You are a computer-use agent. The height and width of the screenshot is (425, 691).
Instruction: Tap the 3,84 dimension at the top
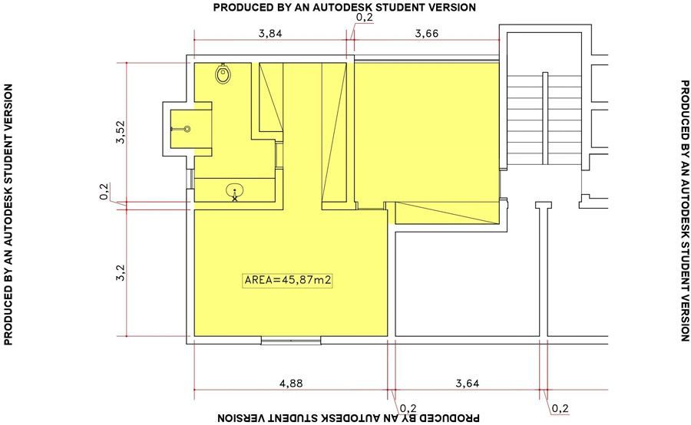click(x=270, y=34)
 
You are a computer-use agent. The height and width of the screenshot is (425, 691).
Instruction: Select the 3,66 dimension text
click(x=427, y=34)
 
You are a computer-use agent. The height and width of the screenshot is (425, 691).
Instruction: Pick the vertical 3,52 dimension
click(x=121, y=132)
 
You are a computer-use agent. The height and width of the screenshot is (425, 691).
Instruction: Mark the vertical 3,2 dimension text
click(x=121, y=272)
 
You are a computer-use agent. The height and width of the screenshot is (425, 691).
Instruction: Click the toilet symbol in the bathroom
click(x=223, y=73)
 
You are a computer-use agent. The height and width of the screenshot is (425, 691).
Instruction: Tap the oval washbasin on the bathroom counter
click(x=235, y=191)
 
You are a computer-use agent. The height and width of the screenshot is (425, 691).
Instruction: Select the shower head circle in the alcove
click(x=187, y=129)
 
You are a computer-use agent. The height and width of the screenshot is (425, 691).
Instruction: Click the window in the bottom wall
click(x=291, y=341)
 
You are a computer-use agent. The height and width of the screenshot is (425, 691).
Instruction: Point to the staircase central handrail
click(x=545, y=118)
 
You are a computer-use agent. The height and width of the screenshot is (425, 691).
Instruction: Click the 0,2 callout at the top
click(x=364, y=18)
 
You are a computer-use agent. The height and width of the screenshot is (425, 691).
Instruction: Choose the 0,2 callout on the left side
click(x=104, y=192)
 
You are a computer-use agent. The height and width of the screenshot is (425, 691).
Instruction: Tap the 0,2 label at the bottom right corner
click(x=560, y=409)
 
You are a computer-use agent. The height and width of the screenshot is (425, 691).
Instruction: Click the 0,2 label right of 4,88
click(x=408, y=409)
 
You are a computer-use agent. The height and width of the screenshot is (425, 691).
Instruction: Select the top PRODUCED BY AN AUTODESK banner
click(x=345, y=8)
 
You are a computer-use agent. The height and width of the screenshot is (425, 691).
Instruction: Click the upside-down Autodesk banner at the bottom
click(x=349, y=417)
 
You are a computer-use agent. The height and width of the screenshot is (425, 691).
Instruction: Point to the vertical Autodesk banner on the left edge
click(x=8, y=215)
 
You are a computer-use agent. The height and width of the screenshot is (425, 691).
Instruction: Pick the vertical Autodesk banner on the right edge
click(x=684, y=211)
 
